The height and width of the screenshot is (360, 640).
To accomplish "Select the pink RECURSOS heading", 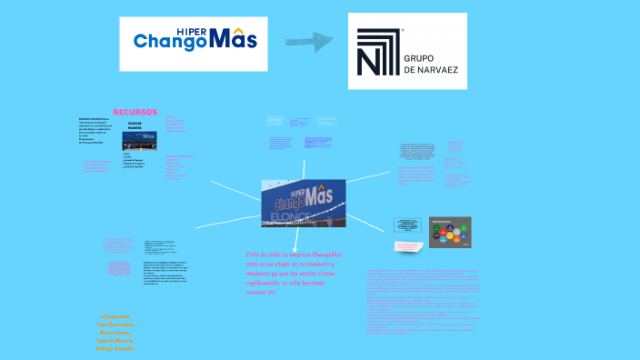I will (x=135, y=112).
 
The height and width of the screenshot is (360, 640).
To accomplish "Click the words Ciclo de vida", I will (x=263, y=255).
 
